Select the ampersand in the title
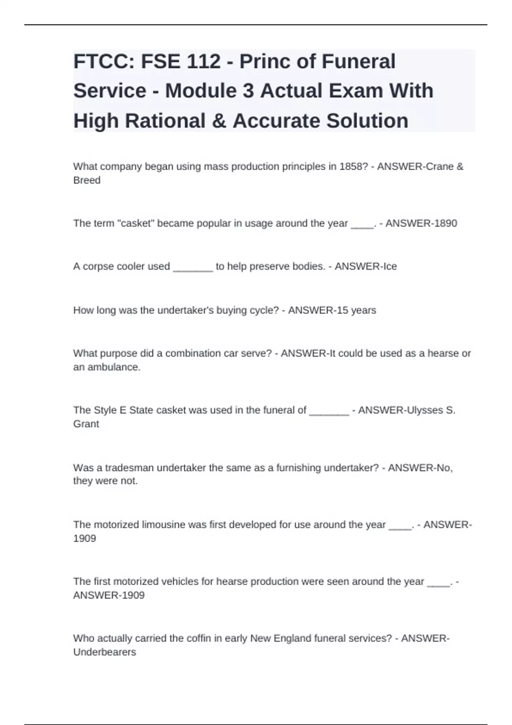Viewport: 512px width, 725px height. coord(218,121)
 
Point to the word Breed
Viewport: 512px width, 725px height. coord(87,180)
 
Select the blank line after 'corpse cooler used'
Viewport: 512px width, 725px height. coord(193,267)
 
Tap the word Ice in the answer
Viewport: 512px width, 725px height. coord(390,267)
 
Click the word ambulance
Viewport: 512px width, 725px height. coord(113,367)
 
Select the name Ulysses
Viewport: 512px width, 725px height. coord(425,410)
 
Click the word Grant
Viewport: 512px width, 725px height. coord(86,424)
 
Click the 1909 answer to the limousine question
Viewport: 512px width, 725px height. coord(84,539)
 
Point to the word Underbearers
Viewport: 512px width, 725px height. coord(105,652)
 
